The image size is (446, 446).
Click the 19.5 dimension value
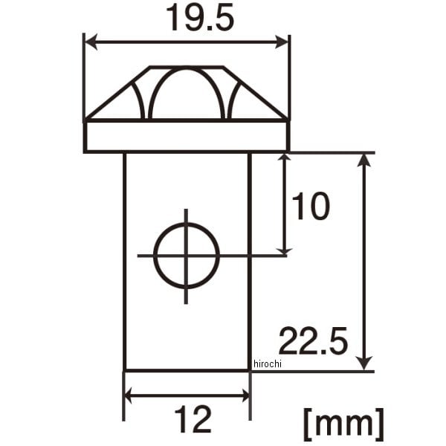[x=200, y=18]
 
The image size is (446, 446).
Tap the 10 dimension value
[x=311, y=206]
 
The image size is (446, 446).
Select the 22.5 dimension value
[x=313, y=341]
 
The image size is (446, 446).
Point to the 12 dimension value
[x=193, y=419]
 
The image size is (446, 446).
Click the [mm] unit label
[x=344, y=424]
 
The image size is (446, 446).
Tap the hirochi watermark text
[x=267, y=363]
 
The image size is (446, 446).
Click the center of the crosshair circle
[x=187, y=256]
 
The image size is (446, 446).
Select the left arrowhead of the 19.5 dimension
[x=91, y=42]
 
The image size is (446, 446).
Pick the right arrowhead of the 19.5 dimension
[x=282, y=42]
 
